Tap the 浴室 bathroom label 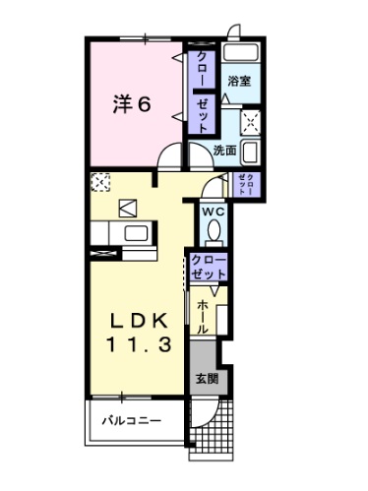[x=237, y=83]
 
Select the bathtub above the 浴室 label [x=239, y=53]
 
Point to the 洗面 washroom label [x=224, y=151]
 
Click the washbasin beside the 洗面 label [x=250, y=152]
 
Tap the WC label [x=214, y=211]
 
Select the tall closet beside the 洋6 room [x=200, y=92]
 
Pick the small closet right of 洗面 [x=247, y=183]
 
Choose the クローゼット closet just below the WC [x=209, y=265]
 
